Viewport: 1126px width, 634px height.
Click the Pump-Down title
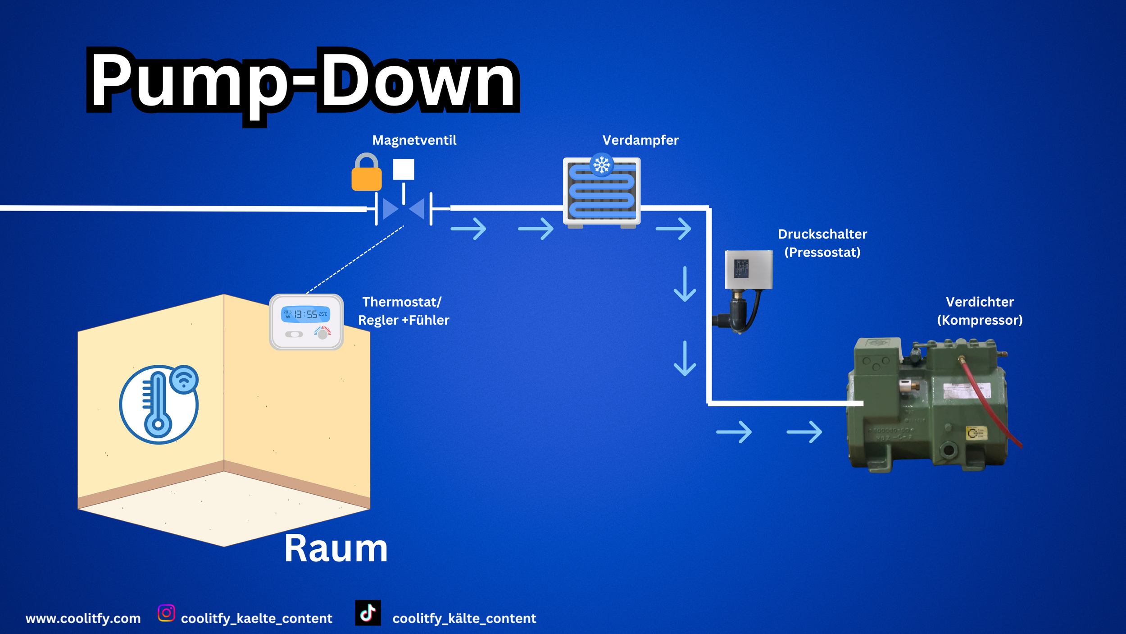click(303, 81)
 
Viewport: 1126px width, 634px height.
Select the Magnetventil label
click(414, 140)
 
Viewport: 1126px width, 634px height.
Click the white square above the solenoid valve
click(404, 170)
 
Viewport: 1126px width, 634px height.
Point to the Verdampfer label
click(640, 140)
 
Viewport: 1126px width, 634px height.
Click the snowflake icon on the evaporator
click(601, 165)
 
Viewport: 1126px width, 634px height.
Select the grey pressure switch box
click(749, 269)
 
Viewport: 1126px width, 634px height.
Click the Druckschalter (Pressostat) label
click(822, 243)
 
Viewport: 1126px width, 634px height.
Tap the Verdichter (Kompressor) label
click(980, 311)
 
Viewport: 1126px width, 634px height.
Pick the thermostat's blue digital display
click(305, 314)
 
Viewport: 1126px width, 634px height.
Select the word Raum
click(336, 549)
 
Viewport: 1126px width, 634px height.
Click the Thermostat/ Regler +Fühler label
click(403, 311)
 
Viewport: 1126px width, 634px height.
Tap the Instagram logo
click(166, 613)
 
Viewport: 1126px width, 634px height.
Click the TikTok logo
click(368, 613)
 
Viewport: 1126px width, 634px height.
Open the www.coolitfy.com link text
click(83, 618)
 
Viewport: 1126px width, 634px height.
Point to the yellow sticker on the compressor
click(976, 433)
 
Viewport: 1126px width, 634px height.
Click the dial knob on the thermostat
click(322, 334)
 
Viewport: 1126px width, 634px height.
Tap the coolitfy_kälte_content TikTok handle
click(464, 618)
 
